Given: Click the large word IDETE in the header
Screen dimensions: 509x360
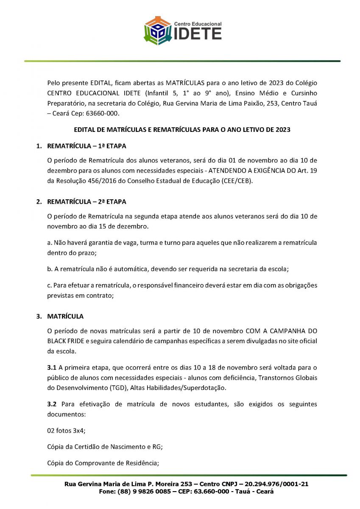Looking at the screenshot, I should [198, 34].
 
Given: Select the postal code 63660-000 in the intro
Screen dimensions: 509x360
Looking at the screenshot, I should [105, 113].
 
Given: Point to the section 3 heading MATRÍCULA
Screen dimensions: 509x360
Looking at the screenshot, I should [65, 316].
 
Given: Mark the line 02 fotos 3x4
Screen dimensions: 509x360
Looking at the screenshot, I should [66, 431].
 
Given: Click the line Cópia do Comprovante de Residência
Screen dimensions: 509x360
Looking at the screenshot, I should [103, 463].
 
